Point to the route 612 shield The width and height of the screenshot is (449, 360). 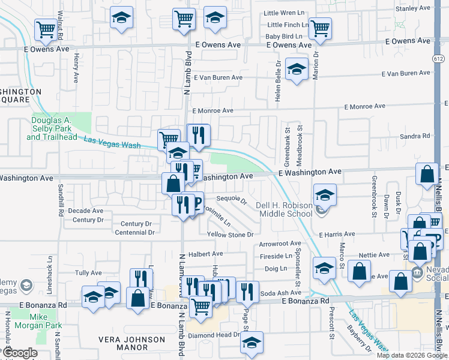(x=439, y=57)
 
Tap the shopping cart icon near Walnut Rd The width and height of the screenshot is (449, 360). (x=46, y=28)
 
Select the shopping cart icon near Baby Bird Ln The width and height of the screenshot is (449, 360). (x=321, y=27)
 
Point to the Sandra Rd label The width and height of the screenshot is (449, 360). (x=415, y=136)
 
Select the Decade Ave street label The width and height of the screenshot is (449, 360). (x=85, y=211)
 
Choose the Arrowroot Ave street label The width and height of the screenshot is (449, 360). (x=280, y=244)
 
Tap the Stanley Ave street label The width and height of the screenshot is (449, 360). (x=414, y=8)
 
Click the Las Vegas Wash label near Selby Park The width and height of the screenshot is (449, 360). (x=112, y=142)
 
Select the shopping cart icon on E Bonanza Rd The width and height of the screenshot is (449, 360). (x=201, y=306)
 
